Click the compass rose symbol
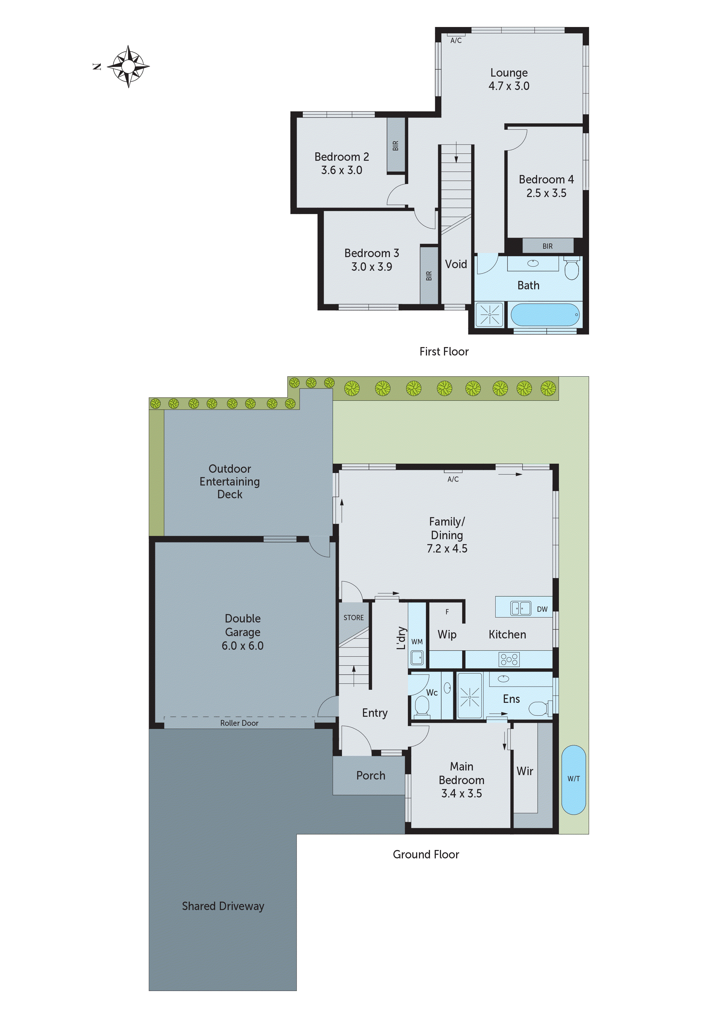[128, 66]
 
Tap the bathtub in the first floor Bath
[545, 314]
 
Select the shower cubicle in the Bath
[489, 314]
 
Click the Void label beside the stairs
[456, 264]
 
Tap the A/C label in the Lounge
[456, 40]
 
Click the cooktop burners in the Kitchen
[509, 659]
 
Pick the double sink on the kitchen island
[520, 608]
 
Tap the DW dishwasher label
[542, 609]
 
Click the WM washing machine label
[417, 642]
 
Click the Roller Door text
[239, 723]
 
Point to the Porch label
[370, 775]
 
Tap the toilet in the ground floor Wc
[421, 706]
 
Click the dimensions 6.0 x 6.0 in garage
[242, 646]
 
